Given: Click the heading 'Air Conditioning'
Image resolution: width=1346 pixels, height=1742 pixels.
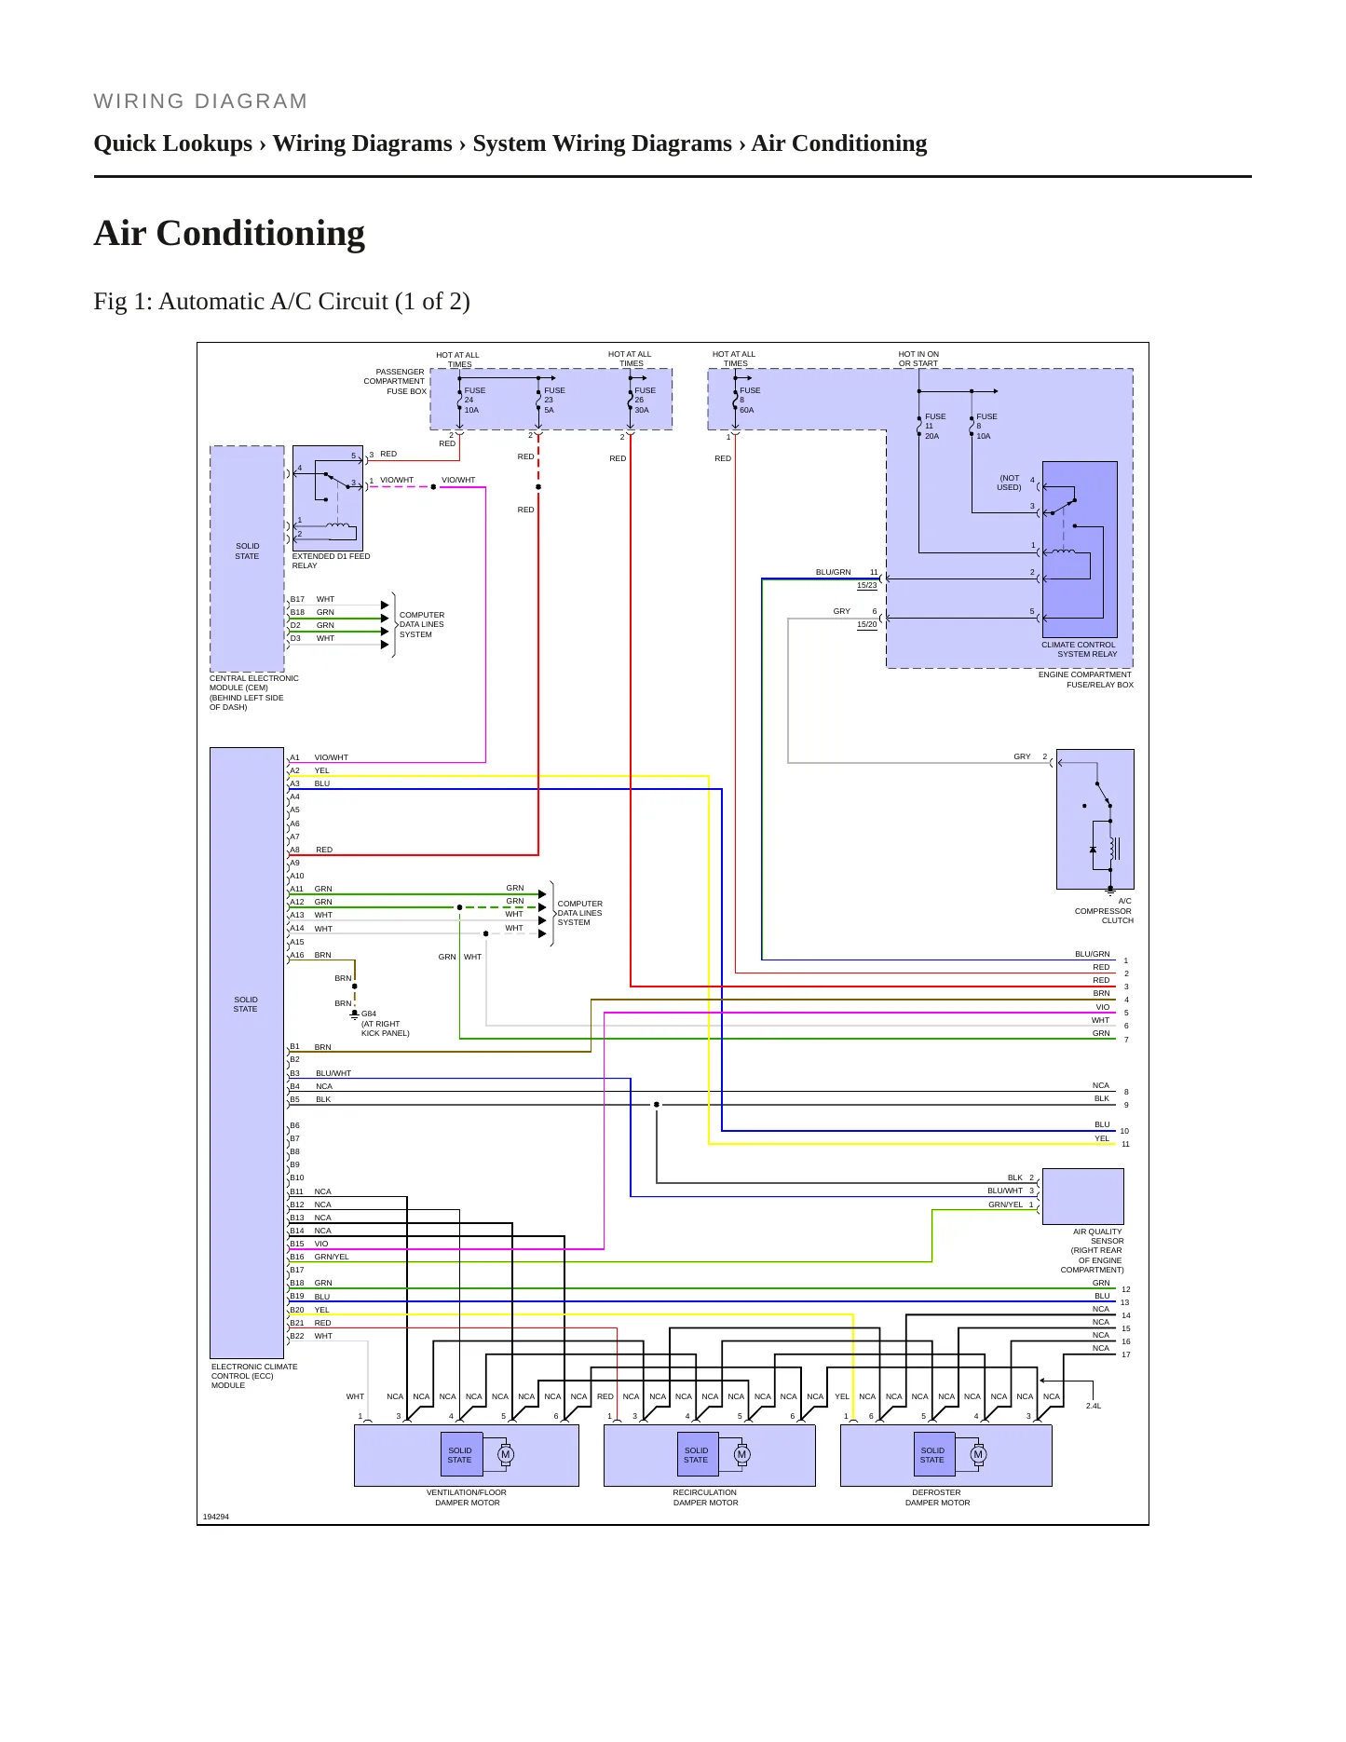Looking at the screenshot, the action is (x=229, y=233).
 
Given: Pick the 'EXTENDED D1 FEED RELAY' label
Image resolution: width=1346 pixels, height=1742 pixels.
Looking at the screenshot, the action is (x=331, y=561).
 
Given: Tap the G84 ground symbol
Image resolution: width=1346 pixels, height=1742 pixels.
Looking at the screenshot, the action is (x=354, y=1014).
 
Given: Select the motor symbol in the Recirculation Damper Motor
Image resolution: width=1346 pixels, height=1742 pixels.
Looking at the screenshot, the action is (x=741, y=1454).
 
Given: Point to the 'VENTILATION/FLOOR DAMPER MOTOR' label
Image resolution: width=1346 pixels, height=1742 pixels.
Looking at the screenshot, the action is (x=467, y=1497).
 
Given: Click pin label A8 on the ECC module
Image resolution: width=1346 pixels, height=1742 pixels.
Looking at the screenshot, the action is (x=294, y=850).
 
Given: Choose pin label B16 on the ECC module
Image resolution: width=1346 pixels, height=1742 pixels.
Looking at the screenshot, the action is (x=296, y=1257).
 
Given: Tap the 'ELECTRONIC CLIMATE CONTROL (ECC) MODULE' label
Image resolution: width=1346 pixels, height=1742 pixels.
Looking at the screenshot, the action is (x=254, y=1376).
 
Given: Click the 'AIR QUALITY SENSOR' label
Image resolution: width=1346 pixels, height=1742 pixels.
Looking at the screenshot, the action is (x=1098, y=1236).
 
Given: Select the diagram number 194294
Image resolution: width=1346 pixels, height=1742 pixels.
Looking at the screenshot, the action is (x=216, y=1517).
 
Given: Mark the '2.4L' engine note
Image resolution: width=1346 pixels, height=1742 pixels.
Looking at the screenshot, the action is (x=1094, y=1406).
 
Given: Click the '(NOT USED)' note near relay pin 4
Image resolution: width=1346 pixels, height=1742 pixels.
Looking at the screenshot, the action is (x=1010, y=483).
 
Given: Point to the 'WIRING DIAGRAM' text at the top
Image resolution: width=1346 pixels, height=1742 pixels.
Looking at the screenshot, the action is (x=200, y=102).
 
